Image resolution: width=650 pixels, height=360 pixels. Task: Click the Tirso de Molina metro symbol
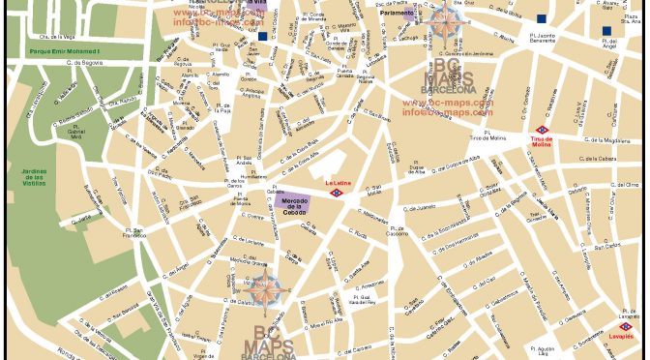click(x=542, y=130)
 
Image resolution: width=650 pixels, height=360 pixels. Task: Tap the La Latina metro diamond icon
click(x=337, y=193)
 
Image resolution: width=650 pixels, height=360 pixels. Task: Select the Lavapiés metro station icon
click(x=627, y=326)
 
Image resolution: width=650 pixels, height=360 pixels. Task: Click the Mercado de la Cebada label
click(x=292, y=202)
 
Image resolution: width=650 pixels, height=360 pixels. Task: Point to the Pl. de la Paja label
click(x=223, y=108)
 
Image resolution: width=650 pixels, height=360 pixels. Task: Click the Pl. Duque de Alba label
click(x=417, y=169)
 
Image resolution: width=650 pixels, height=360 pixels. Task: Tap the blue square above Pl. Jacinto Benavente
click(x=542, y=18)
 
